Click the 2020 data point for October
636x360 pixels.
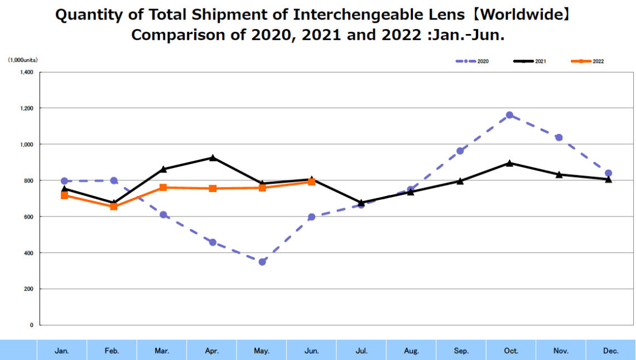tap(509, 115)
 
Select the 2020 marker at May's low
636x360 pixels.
tap(262, 262)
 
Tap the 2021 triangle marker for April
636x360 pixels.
tap(213, 158)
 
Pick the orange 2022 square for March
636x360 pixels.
tap(163, 188)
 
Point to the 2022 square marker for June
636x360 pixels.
tap(312, 182)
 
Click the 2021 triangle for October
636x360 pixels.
tap(509, 163)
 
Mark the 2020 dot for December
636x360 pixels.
tap(609, 173)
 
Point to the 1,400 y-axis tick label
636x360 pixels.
tap(26, 72)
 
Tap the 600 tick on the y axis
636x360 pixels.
tap(28, 217)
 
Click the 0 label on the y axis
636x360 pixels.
tap(32, 325)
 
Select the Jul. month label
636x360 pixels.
tap(362, 351)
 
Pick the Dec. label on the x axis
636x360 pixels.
tap(611, 351)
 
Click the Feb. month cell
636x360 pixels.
tap(112, 351)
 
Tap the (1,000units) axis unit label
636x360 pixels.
tap(23, 60)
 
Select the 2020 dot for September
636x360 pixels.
tap(460, 151)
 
